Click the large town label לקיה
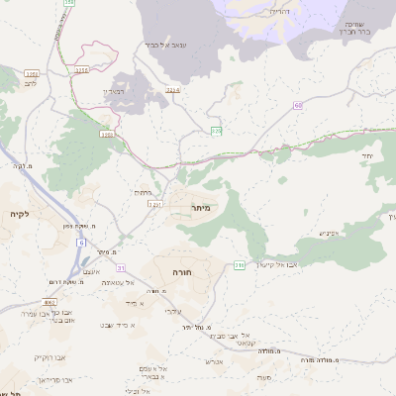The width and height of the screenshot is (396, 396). tap(19, 214)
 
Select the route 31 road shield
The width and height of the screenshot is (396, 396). tap(122, 268)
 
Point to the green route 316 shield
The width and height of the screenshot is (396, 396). tap(239, 264)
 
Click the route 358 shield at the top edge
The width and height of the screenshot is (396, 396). tap(68, 3)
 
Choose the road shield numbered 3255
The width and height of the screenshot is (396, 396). tap(82, 70)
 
